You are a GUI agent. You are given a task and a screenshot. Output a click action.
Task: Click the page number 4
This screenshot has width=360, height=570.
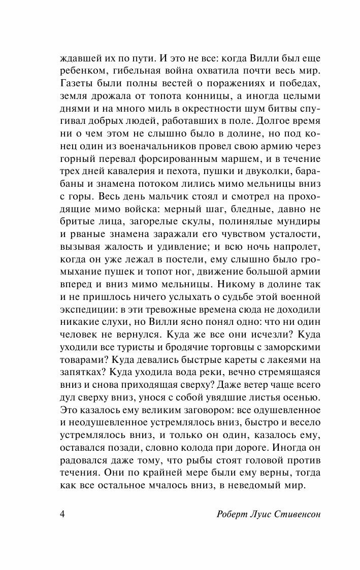pos(62,513)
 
